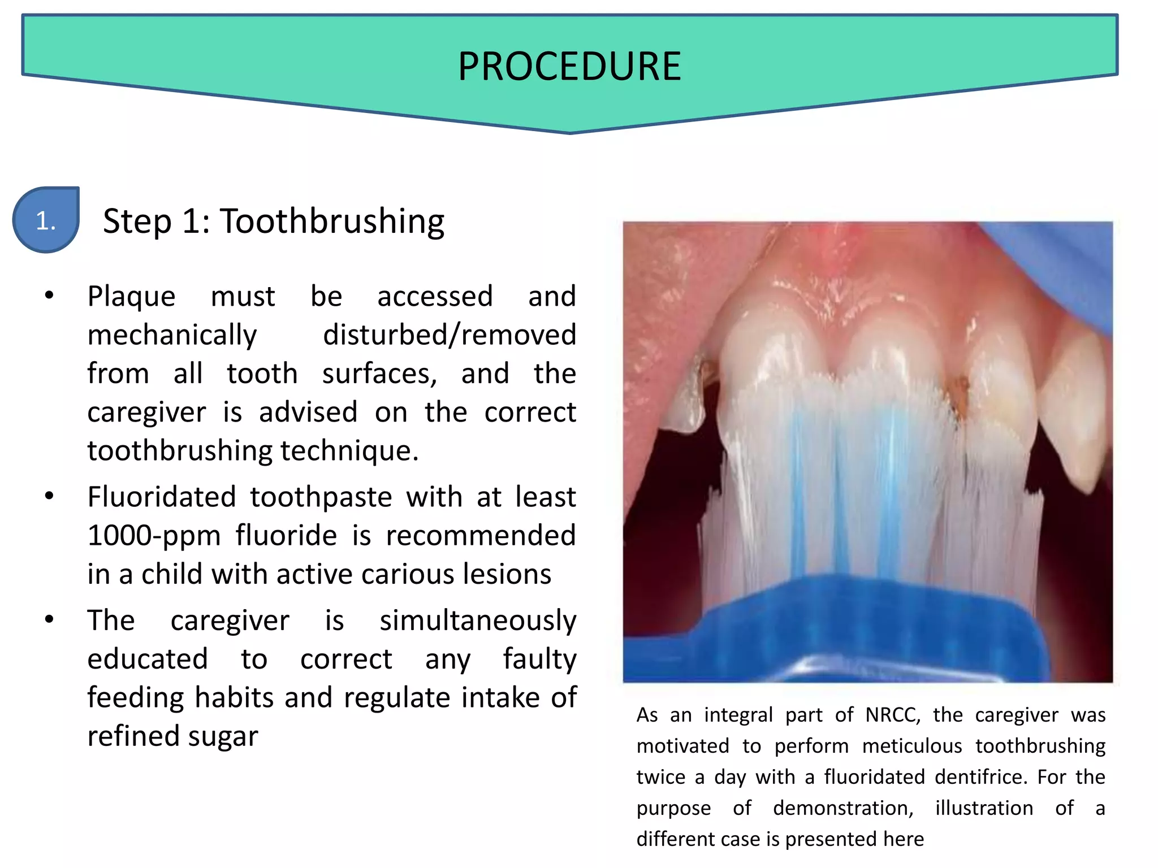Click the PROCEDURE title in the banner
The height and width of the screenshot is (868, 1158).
click(x=569, y=67)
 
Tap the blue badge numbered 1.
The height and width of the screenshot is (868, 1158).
click(x=46, y=220)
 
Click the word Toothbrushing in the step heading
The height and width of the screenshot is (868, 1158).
click(x=332, y=221)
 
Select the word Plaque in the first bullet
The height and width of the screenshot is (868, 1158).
click(x=131, y=296)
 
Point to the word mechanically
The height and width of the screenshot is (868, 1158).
click(x=172, y=335)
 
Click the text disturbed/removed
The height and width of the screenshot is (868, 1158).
click(x=450, y=335)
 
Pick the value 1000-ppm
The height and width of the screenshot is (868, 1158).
click(x=154, y=535)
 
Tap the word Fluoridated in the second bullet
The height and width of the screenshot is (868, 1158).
click(x=162, y=497)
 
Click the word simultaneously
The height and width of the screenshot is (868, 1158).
click(x=478, y=620)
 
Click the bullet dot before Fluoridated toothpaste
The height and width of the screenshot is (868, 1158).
click(x=50, y=496)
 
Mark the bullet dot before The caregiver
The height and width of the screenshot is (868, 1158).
click(x=50, y=619)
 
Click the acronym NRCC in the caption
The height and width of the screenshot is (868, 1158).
click(x=892, y=715)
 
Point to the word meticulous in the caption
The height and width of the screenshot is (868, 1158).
click(x=912, y=747)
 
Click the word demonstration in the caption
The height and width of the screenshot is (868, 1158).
click(x=842, y=809)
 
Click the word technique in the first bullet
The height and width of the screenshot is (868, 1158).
click(x=349, y=451)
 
